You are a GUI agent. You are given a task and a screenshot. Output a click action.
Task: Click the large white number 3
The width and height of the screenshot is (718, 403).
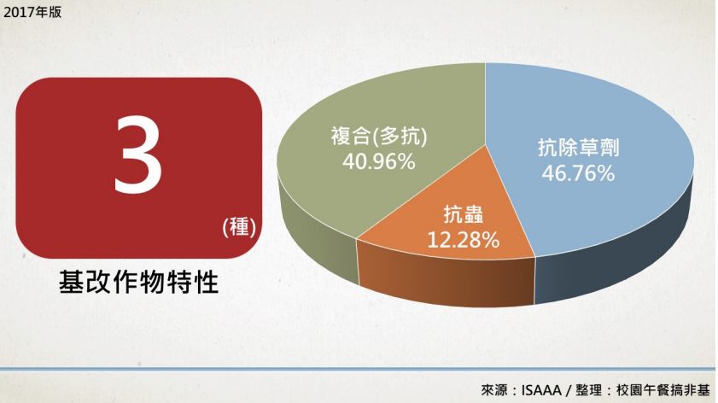[x=137, y=155]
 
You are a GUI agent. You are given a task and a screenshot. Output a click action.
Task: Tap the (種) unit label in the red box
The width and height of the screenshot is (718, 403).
[x=238, y=227]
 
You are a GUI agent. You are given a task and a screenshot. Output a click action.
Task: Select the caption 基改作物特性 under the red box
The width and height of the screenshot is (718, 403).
[x=139, y=282]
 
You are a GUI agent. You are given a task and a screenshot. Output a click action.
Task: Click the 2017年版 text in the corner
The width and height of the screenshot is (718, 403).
[x=32, y=12]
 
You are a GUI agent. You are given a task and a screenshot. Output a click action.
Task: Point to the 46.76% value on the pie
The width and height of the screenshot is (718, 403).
[x=578, y=173]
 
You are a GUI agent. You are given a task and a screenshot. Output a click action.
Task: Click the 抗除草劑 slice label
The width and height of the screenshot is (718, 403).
[x=578, y=148]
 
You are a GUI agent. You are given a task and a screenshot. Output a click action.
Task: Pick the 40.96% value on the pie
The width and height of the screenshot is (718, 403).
[x=379, y=161]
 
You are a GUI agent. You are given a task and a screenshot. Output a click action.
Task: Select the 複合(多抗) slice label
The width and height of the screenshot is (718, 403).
[x=379, y=136]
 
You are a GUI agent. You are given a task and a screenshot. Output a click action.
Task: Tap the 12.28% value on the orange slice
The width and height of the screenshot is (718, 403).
[x=463, y=240]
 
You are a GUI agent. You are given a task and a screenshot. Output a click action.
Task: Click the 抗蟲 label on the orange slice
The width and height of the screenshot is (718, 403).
[x=463, y=214]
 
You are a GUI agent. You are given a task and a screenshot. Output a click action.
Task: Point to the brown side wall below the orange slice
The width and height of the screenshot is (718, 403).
[x=447, y=278]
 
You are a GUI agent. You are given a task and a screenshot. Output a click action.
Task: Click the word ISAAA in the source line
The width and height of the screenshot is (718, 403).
[x=541, y=390]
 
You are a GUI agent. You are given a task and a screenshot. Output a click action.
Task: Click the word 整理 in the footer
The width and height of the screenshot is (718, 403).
[x=589, y=390]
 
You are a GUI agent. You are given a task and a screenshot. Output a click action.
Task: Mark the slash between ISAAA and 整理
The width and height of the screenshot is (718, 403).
[x=569, y=390]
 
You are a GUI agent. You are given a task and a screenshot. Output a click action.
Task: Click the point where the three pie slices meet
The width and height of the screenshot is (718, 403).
[x=486, y=144]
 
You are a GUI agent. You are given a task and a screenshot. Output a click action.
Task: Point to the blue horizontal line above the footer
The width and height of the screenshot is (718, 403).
[x=357, y=369]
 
